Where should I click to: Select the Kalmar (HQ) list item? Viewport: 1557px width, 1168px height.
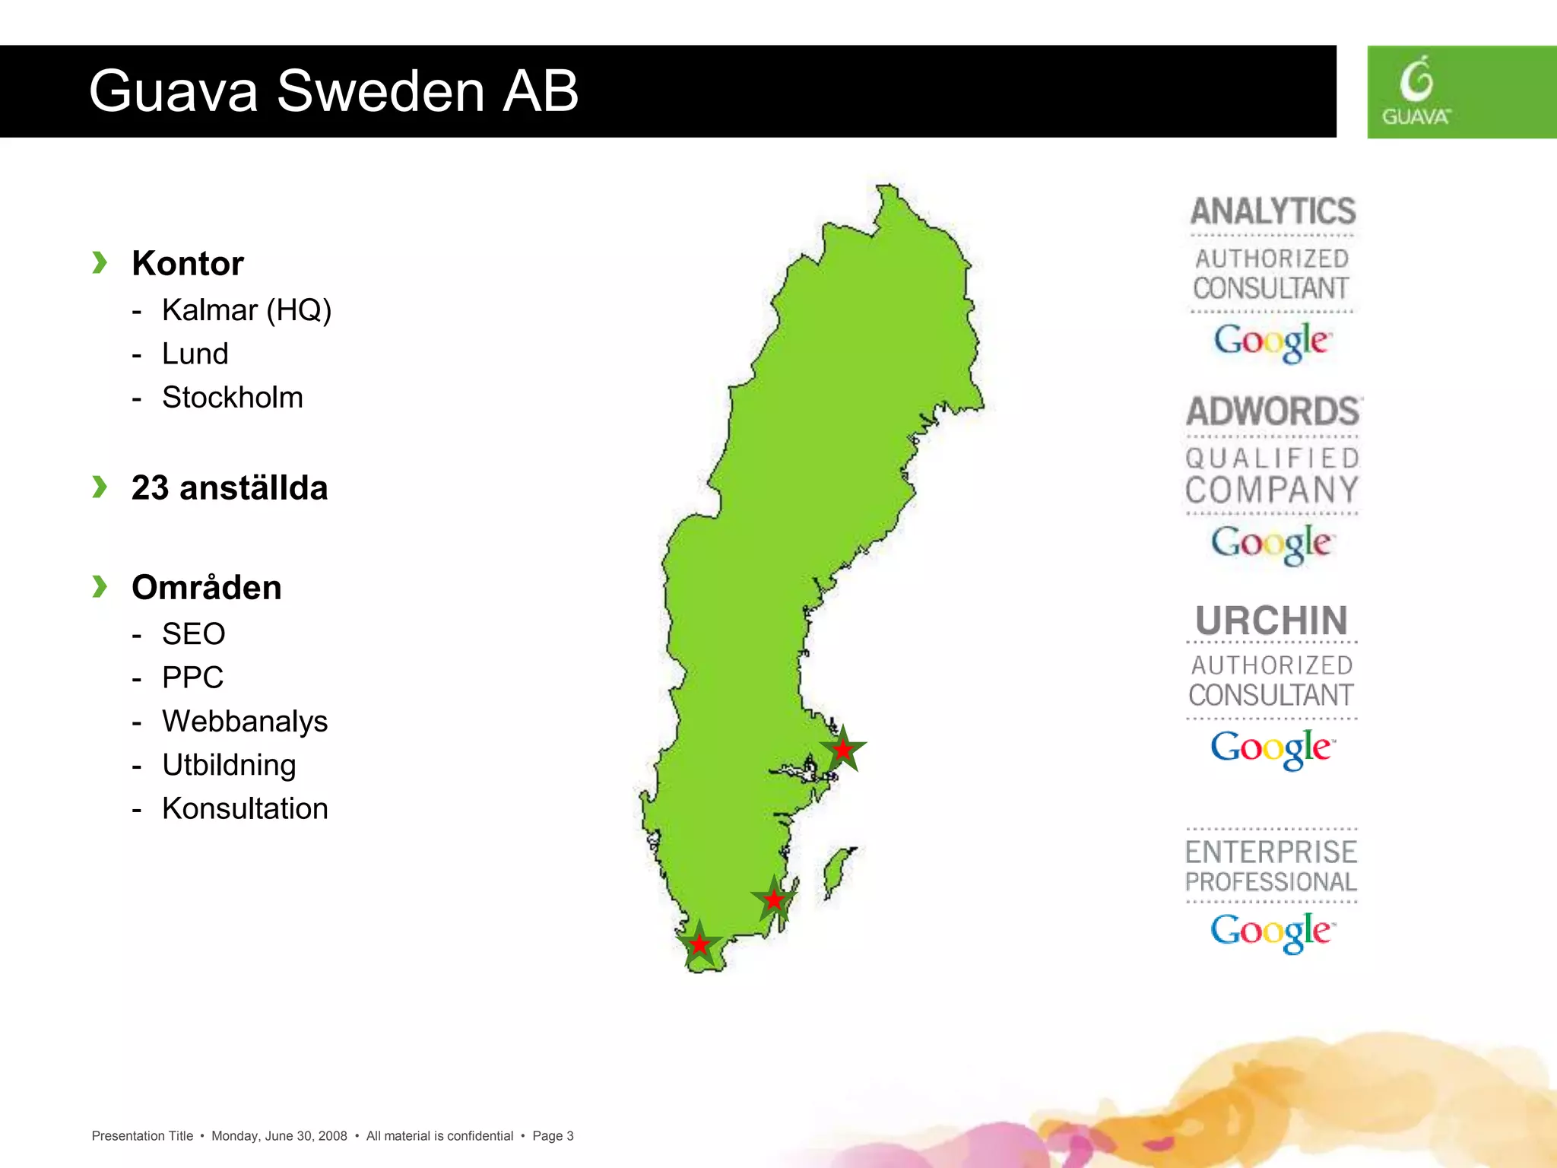click(246, 310)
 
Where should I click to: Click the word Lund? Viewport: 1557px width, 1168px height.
click(195, 354)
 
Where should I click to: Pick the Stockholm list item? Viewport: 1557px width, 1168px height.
click(232, 398)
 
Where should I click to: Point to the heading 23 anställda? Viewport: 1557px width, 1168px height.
click(229, 488)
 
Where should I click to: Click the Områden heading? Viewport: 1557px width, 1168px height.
click(206, 588)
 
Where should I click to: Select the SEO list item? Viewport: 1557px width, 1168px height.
click(193, 634)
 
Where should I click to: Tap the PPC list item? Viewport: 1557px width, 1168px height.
click(192, 678)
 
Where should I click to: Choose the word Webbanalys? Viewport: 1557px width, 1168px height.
click(244, 722)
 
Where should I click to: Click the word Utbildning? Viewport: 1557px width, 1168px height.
click(229, 765)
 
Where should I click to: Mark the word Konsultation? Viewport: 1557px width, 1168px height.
click(245, 809)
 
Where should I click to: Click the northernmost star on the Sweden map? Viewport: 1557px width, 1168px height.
click(843, 750)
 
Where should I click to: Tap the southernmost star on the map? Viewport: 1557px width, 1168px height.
click(699, 945)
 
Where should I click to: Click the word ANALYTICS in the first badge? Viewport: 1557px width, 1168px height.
click(1273, 211)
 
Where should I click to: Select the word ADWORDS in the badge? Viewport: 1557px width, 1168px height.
click(1273, 411)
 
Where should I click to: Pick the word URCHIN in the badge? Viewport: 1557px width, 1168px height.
click(1271, 620)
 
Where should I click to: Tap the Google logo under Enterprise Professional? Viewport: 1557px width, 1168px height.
click(1271, 931)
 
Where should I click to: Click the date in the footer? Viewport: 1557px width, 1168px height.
click(279, 1136)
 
